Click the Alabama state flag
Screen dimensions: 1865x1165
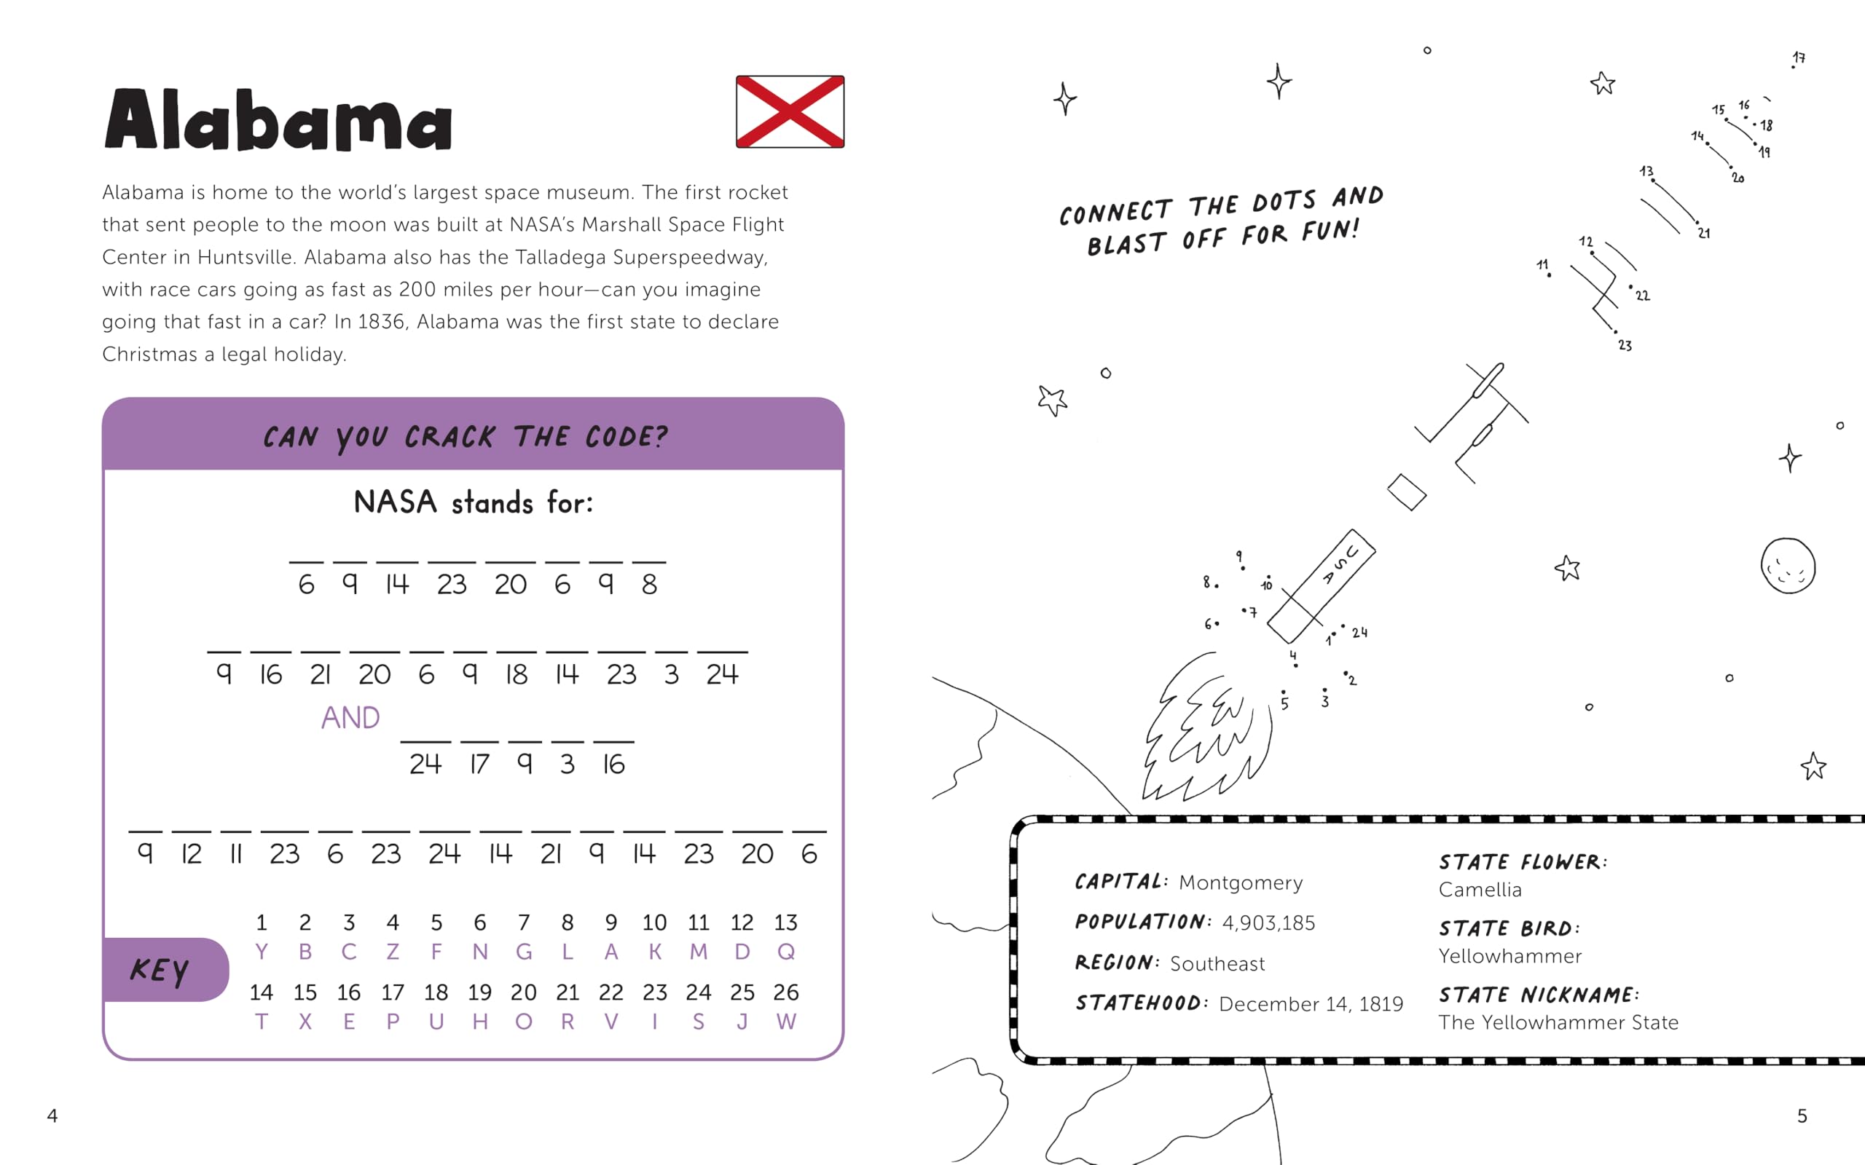(790, 111)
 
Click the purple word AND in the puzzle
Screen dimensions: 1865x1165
(350, 718)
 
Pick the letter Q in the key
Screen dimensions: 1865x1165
(786, 952)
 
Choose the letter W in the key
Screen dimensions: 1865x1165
(786, 1022)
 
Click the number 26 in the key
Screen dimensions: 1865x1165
(786, 992)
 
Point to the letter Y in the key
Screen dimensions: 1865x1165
(262, 952)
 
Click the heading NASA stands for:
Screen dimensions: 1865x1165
(474, 502)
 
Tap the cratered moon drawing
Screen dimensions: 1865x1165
(1788, 566)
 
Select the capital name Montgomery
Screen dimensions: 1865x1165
(1241, 882)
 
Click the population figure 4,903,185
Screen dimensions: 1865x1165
(1268, 923)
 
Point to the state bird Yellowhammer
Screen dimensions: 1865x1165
(1509, 956)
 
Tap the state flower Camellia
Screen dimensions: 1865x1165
(1480, 890)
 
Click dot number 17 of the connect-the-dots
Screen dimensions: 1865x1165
(1794, 67)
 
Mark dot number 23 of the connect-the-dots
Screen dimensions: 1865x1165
(1616, 332)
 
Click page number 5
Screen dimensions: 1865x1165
(1802, 1115)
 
